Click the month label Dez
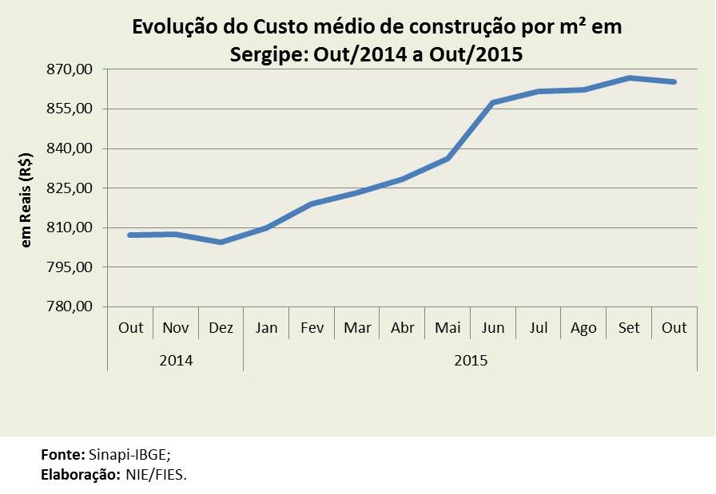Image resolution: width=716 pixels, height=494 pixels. [x=221, y=328]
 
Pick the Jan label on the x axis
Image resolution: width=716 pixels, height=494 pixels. [x=266, y=328]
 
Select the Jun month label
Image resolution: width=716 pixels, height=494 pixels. [x=493, y=328]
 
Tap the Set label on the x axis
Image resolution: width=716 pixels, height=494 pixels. [x=629, y=328]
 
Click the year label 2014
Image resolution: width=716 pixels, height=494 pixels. [x=176, y=360]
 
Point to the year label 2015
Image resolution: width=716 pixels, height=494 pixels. [x=471, y=360]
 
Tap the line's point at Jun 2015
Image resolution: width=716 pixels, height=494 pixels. [x=493, y=103]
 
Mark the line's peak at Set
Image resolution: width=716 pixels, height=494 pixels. [x=629, y=77]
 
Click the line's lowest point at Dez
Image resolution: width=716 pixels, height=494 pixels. [x=221, y=242]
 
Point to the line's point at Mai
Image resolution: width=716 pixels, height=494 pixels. [x=447, y=158]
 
